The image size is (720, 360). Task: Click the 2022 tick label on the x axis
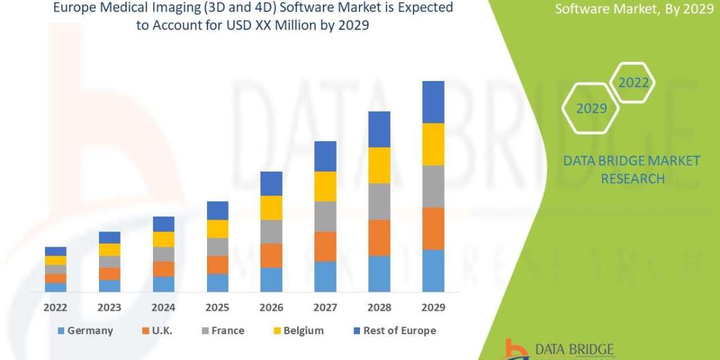55,307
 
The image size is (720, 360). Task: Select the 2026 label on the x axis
271,307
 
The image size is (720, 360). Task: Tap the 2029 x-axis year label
433,307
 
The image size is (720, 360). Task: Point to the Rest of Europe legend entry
392,331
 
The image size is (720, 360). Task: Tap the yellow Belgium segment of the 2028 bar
379,165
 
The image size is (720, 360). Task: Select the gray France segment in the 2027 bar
325,216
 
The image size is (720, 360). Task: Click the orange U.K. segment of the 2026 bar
271,256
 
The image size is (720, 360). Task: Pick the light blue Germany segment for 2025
217,283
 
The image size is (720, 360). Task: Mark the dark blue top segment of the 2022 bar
55,251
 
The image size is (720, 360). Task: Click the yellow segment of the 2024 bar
163,239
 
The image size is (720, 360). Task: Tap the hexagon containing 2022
634,83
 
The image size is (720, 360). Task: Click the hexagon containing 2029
590,109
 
